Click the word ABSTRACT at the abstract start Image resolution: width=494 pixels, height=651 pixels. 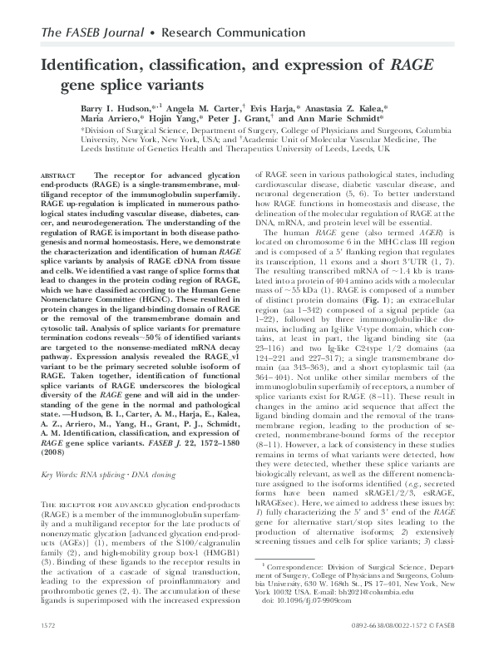coord(59,175)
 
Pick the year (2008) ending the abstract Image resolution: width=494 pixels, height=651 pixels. coord(51,455)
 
